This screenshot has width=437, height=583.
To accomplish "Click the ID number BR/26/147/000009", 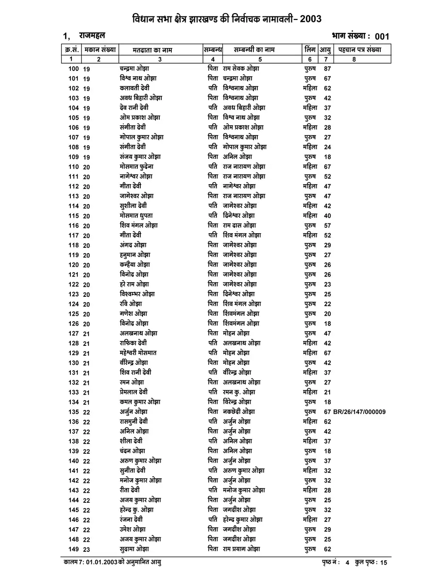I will coord(359,412).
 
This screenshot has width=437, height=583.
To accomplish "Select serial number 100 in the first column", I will coord(73,69).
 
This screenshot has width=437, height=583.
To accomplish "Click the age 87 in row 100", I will coord(327,69).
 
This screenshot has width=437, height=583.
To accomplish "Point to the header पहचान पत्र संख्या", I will coord(360,50).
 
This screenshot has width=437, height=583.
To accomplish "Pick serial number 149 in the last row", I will coord(73,549).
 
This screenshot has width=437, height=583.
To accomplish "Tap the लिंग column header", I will coord(309,50).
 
